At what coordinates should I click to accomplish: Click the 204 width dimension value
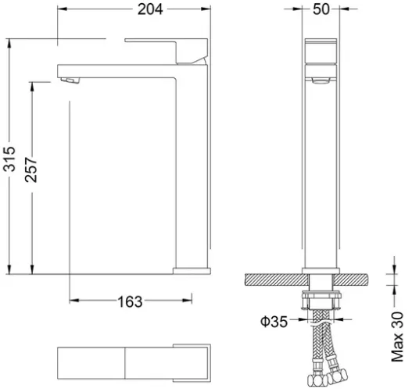150,9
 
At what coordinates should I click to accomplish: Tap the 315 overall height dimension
9,159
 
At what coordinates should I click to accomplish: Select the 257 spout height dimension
31,169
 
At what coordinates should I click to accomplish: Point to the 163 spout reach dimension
130,301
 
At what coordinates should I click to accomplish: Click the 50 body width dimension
321,9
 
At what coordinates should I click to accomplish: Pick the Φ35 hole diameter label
274,322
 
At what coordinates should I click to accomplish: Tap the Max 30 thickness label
397,337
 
